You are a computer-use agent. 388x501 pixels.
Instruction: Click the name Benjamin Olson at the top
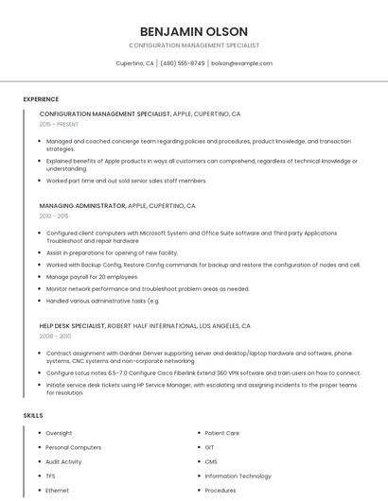(194, 30)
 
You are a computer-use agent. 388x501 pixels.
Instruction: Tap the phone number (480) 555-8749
(183, 63)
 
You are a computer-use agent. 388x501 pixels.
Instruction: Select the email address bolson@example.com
(241, 63)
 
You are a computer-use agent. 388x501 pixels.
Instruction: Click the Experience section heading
(41, 98)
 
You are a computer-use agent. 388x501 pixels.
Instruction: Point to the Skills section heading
(33, 415)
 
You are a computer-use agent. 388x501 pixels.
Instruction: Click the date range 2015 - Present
(59, 124)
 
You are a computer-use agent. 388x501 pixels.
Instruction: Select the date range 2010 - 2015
(54, 216)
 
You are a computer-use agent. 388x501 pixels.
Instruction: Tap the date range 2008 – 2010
(55, 336)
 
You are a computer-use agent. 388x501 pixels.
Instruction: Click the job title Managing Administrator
(82, 205)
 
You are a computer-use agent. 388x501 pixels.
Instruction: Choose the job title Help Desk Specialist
(73, 325)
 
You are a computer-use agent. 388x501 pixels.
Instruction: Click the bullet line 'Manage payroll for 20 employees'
(92, 277)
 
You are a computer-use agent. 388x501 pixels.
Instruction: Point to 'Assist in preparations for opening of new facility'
(112, 252)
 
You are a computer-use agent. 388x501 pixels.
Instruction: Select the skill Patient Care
(221, 433)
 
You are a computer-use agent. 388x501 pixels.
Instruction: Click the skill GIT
(210, 447)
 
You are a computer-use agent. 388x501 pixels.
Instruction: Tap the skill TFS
(51, 475)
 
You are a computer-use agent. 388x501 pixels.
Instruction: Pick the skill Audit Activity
(63, 461)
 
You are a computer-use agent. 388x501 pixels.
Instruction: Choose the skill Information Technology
(238, 475)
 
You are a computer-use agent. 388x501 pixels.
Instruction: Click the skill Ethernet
(57, 491)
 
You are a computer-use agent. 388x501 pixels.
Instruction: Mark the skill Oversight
(59, 433)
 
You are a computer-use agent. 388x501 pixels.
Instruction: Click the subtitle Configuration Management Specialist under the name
(194, 45)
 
